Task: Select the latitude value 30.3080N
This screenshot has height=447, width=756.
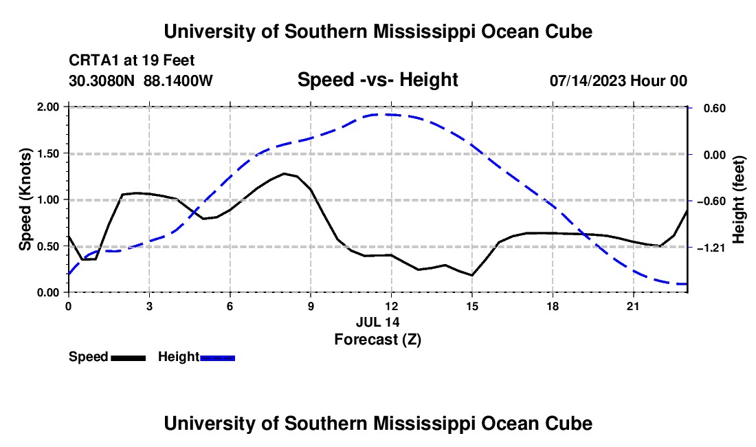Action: tap(102, 80)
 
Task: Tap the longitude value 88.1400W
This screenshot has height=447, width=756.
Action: tap(178, 80)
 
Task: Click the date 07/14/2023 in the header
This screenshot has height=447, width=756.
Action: tap(588, 80)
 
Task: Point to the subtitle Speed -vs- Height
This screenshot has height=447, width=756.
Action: tap(377, 80)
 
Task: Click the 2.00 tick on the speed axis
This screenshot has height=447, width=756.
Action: tap(47, 107)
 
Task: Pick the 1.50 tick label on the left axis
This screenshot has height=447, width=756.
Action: tap(47, 153)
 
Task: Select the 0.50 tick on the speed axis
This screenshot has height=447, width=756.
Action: tap(47, 246)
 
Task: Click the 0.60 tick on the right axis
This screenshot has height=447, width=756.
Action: tap(715, 108)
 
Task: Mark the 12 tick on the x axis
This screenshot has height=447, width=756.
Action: tap(392, 306)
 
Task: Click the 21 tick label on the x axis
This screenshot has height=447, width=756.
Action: tap(633, 306)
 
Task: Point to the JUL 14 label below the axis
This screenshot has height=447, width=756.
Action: tap(378, 322)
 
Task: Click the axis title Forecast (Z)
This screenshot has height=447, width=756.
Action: tap(378, 340)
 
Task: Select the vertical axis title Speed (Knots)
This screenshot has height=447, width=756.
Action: tap(25, 199)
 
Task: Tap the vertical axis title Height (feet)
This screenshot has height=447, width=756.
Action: tap(738, 199)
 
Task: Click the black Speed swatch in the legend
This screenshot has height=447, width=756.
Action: tap(129, 358)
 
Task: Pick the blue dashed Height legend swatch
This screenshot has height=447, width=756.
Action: tap(217, 358)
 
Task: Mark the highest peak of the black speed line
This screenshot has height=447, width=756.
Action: tap(284, 173)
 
